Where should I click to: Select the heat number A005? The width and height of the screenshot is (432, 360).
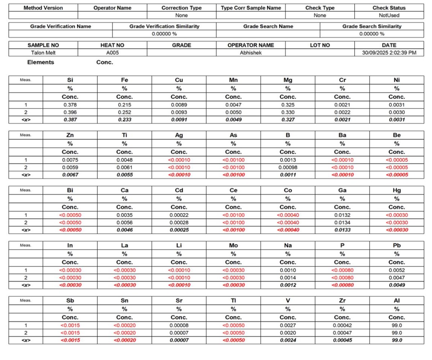click(112, 53)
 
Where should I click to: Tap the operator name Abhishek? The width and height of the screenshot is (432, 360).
click(251, 53)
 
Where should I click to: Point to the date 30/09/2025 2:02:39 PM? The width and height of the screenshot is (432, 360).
click(389, 53)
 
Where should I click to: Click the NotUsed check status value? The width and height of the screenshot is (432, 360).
click(389, 15)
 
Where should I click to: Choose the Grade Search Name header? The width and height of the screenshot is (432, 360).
click(268, 26)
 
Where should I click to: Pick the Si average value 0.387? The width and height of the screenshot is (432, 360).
click(70, 120)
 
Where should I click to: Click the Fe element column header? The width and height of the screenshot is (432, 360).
click(124, 80)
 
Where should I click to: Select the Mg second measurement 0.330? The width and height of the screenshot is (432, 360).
click(288, 112)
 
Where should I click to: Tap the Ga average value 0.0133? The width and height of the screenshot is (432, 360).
click(342, 230)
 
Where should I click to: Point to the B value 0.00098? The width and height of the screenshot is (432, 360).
click(288, 167)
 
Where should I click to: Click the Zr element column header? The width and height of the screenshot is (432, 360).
click(342, 301)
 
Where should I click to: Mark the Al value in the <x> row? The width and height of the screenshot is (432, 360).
click(396, 340)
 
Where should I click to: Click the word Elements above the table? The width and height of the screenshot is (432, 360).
click(41, 62)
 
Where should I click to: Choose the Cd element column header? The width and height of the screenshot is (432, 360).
click(179, 190)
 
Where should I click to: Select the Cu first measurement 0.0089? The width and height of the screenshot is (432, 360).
click(179, 105)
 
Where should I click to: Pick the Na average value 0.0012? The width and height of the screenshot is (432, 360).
click(288, 285)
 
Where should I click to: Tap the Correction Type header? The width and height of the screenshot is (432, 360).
click(181, 8)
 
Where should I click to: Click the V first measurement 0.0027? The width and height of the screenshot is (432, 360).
click(288, 325)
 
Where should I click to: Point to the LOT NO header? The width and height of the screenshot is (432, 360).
click(320, 45)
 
